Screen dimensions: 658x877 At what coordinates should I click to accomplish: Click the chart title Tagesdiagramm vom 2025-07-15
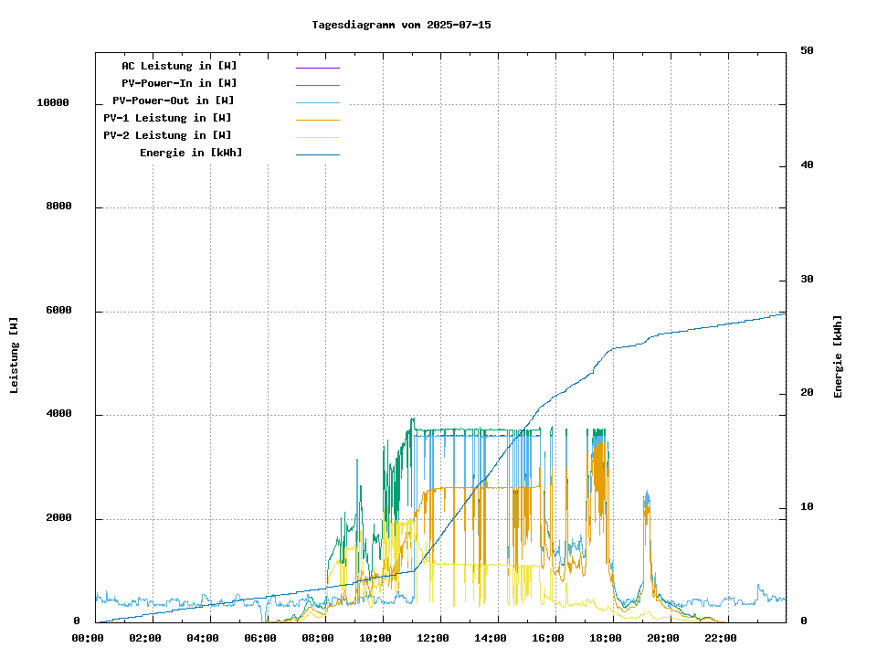pos(401,25)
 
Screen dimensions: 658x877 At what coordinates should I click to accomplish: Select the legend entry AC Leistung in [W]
pos(179,66)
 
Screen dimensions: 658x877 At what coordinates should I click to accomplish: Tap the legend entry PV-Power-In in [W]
pos(179,83)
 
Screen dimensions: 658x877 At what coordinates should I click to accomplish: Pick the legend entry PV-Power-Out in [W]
pos(174,101)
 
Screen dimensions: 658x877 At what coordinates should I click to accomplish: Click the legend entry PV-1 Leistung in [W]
pos(167,118)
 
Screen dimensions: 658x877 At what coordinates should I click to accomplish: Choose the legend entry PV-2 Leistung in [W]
pos(167,135)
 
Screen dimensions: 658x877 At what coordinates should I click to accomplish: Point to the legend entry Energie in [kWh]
pos(191,153)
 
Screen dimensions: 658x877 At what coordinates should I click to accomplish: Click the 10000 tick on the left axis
pos(53,103)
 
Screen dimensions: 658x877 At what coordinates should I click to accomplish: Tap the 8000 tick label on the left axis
pos(58,207)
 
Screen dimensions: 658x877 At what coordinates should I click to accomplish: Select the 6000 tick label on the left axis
pos(58,312)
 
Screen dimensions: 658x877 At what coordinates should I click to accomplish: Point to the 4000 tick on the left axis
pos(58,415)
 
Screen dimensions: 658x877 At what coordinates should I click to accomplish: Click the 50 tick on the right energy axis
pos(807,51)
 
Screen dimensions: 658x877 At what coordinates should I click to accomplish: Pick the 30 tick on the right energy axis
pos(807,280)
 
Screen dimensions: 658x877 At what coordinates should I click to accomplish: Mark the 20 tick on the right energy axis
pos(807,394)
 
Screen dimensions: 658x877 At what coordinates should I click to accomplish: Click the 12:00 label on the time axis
pos(433,638)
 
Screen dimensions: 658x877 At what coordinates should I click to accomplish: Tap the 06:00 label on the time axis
pos(260,638)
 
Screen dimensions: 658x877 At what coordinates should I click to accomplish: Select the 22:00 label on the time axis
pos(721,638)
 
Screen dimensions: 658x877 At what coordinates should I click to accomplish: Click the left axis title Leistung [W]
pos(15,356)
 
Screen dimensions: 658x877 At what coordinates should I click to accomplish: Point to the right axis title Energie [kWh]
pos(838,356)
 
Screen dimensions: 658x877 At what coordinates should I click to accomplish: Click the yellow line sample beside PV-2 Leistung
pos(317,136)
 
